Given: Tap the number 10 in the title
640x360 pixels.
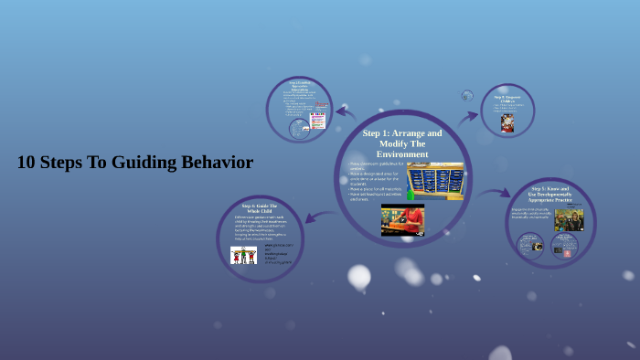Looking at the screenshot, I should (27, 163).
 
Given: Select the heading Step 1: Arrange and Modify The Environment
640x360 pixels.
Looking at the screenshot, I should (402, 143).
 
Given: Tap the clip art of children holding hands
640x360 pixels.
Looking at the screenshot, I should (243, 255).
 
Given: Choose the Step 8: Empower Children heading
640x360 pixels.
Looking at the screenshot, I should (508, 98).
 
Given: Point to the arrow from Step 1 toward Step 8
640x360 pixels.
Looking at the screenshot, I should (468, 117).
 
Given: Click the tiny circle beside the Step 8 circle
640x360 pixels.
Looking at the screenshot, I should (467, 95).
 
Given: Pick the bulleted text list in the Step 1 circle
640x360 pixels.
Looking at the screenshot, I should (376, 178).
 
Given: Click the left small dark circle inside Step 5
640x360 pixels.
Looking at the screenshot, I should (530, 244).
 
